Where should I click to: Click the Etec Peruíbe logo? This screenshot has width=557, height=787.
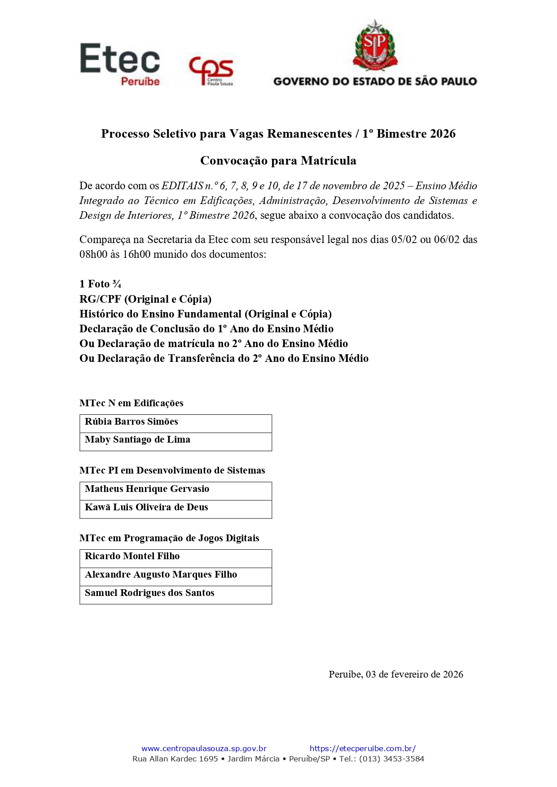[x=120, y=64]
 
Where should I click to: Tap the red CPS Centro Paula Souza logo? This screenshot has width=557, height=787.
[x=211, y=70]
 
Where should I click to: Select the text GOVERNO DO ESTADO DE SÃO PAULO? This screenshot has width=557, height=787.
[x=375, y=82]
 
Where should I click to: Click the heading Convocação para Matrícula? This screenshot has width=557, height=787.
[x=278, y=161]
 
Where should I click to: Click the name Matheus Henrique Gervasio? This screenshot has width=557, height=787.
[x=147, y=489]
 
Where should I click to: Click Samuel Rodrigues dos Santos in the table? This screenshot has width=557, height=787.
[x=149, y=593]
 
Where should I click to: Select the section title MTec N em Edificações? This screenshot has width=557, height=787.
[x=131, y=403]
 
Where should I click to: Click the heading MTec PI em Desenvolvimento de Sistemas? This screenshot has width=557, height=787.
[x=172, y=470]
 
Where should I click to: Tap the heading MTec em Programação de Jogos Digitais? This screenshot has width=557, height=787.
[x=169, y=538]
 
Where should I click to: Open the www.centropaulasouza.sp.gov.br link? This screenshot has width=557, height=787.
[x=204, y=748]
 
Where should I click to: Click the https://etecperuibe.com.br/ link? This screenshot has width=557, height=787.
[x=362, y=748]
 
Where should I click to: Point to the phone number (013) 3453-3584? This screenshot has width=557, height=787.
[x=391, y=759]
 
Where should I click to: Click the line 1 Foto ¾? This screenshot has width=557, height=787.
[x=100, y=284]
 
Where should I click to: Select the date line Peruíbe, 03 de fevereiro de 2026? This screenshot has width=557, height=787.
[x=395, y=674]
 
